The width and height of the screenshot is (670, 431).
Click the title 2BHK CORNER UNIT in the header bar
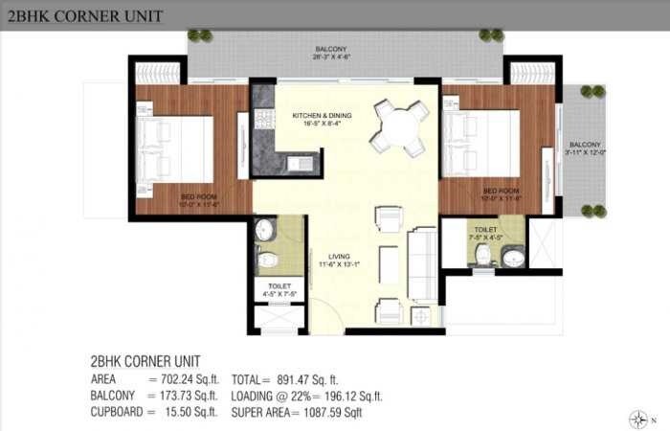84,15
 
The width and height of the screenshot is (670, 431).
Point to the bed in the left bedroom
175,149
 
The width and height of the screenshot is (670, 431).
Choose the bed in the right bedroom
483,143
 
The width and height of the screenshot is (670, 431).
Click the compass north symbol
639,418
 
